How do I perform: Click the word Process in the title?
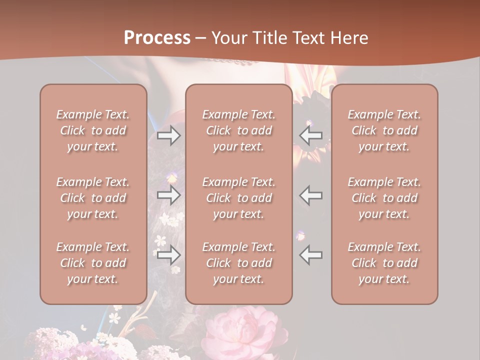point(157,38)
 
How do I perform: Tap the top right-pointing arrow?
point(168,135)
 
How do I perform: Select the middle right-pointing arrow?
point(168,195)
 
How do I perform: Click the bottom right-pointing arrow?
point(168,255)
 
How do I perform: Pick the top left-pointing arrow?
point(311,135)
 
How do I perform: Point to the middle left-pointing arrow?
point(311,195)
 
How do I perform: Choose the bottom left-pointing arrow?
point(311,255)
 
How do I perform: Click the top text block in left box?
point(93,130)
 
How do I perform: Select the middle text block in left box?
point(93,198)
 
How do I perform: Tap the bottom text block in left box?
point(93,263)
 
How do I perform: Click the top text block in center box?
point(239,130)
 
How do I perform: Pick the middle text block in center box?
point(239,198)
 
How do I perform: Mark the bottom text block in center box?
point(239,263)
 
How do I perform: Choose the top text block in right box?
point(384,130)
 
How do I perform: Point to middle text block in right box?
point(384,198)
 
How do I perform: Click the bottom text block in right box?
point(384,263)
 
